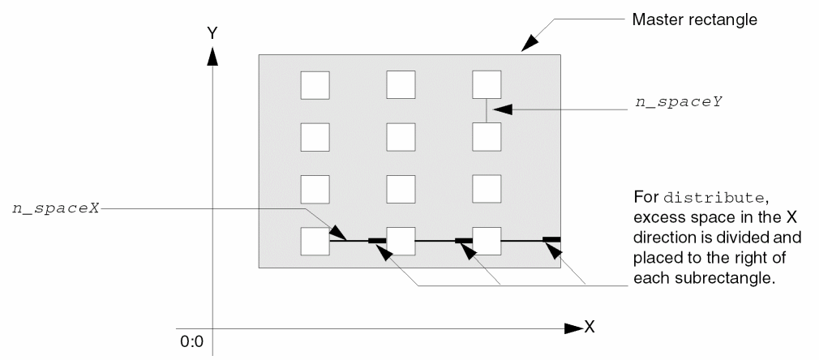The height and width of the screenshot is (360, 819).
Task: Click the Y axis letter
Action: [x=212, y=34]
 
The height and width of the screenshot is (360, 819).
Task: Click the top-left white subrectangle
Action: [x=315, y=85]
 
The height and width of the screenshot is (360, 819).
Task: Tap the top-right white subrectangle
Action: [x=487, y=85]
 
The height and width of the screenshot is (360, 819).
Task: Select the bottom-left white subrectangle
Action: [x=315, y=242]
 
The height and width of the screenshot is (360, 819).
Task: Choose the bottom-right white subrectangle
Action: [x=487, y=242]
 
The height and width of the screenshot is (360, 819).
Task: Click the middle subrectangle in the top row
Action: [x=401, y=85]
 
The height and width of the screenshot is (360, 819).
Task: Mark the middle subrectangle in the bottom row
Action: [x=401, y=242]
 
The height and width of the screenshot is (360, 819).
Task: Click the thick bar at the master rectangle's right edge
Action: [x=551, y=239]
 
